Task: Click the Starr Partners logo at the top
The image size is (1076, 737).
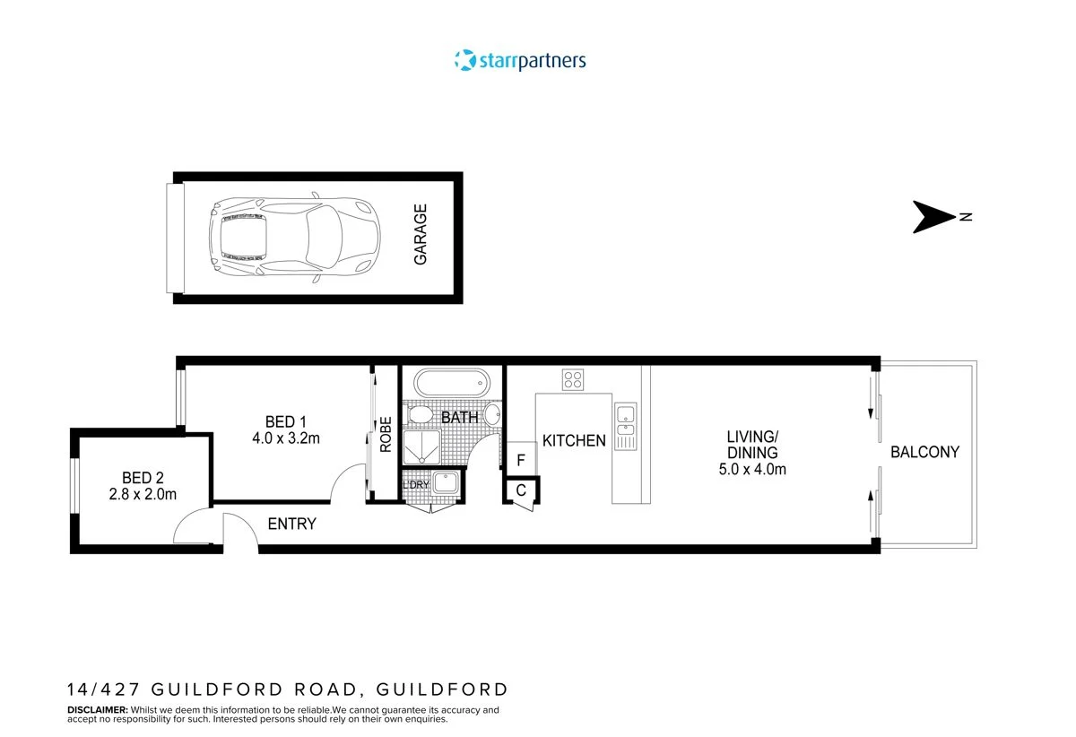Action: pos(520,61)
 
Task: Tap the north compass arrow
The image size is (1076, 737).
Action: pos(936,217)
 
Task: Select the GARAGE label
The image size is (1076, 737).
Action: pos(421,234)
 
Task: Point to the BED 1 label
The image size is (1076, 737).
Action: pos(286,422)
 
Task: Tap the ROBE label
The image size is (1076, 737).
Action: pos(386,434)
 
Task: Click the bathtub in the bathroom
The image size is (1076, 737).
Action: pos(453,383)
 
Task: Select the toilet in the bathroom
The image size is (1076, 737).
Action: pos(419,416)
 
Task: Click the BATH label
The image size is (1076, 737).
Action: pos(459,418)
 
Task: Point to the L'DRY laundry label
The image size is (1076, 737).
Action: pos(416,485)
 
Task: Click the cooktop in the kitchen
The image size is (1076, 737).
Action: pos(573,379)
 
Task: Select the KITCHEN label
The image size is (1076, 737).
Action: pos(574,441)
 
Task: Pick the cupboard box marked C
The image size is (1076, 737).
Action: pos(521,490)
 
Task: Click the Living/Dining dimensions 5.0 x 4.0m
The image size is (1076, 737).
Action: pos(751,469)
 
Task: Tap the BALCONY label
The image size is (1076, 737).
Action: pos(924,453)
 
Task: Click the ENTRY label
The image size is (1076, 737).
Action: pos(292,524)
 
